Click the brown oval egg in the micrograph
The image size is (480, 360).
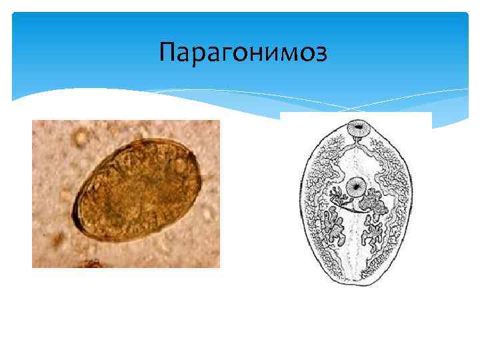139,190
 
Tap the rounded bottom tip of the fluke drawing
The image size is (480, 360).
355,283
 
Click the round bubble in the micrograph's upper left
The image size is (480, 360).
81,139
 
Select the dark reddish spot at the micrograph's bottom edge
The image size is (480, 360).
90,265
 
